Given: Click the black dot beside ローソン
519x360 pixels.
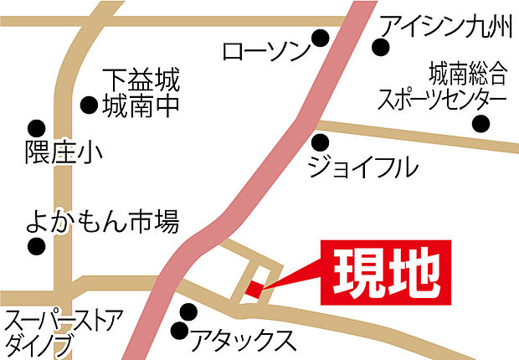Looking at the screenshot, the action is [321, 38].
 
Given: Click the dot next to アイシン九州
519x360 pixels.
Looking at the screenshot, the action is [381, 48].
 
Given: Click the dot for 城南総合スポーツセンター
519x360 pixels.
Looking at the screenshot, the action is [480, 125].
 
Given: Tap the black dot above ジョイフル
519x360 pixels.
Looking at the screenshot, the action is [321, 141].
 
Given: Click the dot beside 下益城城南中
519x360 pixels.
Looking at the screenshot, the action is [88, 105].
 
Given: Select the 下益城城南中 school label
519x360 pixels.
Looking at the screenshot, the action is [141, 95].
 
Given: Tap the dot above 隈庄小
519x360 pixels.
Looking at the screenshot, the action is [35, 128].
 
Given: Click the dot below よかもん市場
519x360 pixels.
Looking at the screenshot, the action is [35, 248].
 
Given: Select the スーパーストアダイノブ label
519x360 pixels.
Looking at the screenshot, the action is [63, 332].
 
